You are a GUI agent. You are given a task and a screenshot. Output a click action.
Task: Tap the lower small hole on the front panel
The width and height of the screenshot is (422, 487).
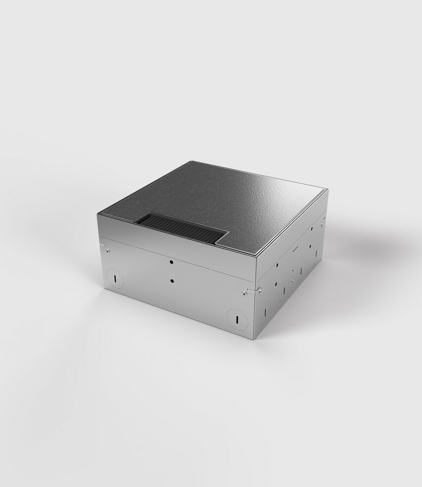(x=171, y=281)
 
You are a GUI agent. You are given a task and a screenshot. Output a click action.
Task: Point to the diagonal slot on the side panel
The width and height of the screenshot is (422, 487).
(x=294, y=251)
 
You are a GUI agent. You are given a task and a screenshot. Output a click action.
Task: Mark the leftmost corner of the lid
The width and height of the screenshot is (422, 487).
(x=98, y=215)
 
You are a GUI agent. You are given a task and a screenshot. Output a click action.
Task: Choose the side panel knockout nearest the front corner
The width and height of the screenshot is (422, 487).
(x=266, y=311)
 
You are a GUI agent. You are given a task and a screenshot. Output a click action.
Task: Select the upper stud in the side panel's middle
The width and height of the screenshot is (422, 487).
(x=293, y=269)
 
